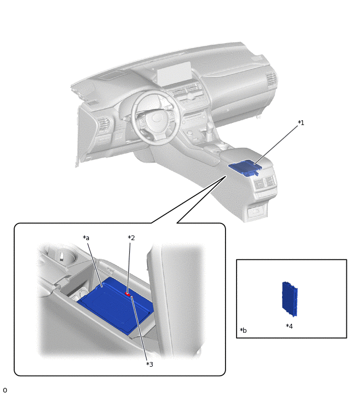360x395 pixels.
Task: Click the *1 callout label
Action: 301,122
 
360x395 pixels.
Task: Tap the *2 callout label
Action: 131,238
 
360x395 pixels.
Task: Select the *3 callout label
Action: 150,364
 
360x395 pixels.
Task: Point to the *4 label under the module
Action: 289,326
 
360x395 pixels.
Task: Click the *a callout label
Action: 86,238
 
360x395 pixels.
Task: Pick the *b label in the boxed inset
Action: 243,330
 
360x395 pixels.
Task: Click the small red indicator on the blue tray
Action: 128,294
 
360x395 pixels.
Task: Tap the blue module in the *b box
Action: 290,299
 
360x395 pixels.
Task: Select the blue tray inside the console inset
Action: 116,306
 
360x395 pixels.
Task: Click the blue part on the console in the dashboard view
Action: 244,167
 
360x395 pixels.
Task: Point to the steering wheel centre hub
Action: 156,118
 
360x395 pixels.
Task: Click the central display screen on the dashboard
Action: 174,73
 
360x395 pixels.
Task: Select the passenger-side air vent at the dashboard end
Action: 271,80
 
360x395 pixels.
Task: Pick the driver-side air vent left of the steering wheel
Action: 104,124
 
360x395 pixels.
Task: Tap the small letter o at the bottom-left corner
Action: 5,390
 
